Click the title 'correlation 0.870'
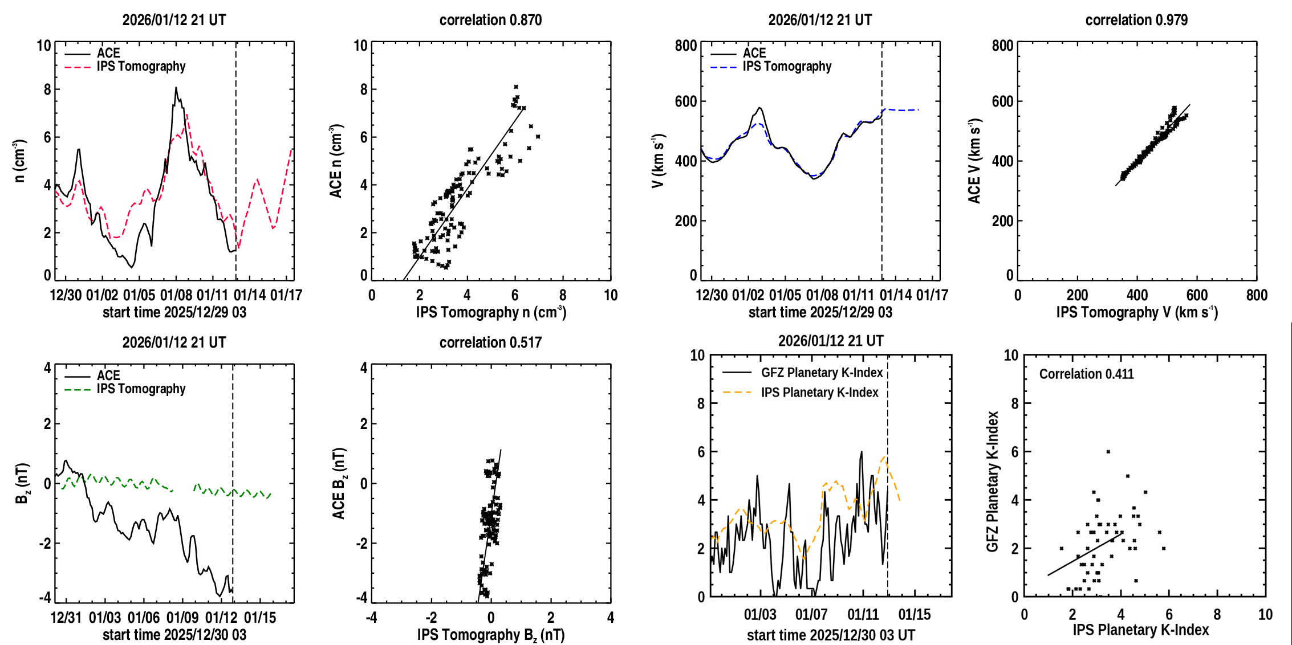[x=490, y=20]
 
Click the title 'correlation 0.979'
[x=1136, y=20]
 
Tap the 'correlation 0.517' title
[x=490, y=342]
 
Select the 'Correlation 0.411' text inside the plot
[x=1086, y=374]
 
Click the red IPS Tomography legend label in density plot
[x=141, y=67]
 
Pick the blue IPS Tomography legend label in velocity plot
[x=787, y=67]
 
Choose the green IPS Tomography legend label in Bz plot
[x=141, y=389]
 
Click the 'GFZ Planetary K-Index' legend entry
[x=822, y=373]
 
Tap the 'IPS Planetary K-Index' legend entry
[x=819, y=393]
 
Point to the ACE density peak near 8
[x=176, y=88]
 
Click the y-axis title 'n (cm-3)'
[x=19, y=161]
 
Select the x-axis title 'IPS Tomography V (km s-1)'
[x=1137, y=312]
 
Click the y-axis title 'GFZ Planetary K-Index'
[x=993, y=481]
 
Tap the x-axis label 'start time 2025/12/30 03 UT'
[x=831, y=635]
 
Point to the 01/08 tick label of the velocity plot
[x=822, y=295]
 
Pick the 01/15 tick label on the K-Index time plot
[x=914, y=615]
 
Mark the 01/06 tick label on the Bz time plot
[x=144, y=618]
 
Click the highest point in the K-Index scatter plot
[x=1108, y=452]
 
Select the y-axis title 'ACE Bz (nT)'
[x=339, y=483]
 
